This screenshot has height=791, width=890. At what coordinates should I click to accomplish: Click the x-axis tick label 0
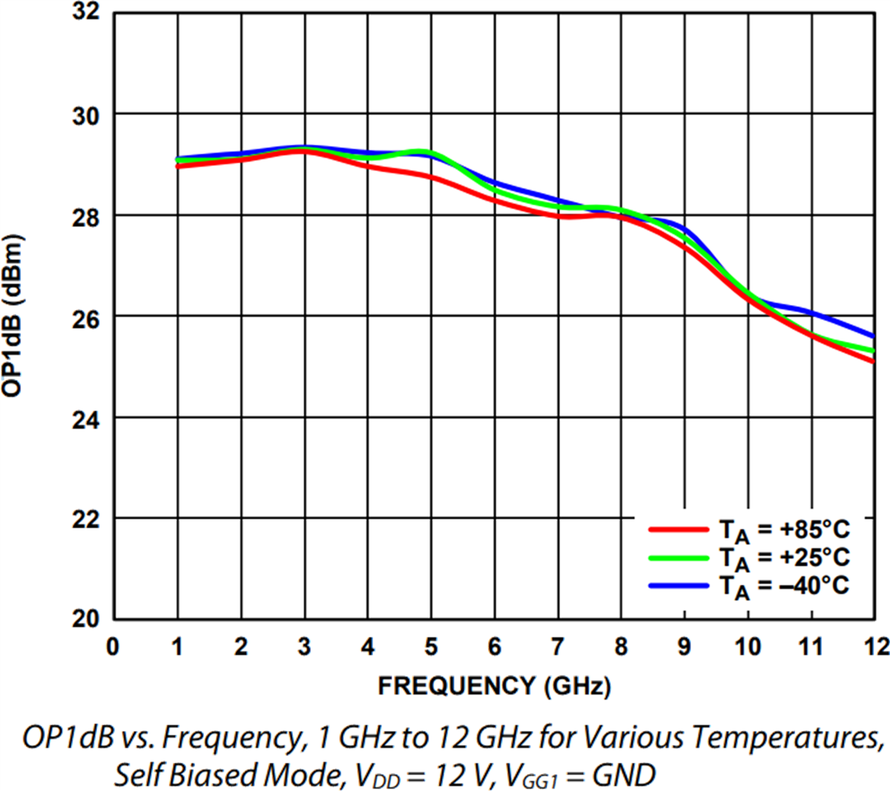click(113, 647)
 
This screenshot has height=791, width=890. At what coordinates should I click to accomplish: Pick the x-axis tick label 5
click(431, 647)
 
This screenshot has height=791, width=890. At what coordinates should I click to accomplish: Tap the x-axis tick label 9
click(685, 647)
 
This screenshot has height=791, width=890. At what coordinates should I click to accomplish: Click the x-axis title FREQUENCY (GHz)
click(494, 686)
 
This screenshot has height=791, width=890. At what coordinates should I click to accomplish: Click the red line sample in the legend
click(678, 530)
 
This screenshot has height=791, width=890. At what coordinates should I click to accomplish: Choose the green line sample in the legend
click(678, 557)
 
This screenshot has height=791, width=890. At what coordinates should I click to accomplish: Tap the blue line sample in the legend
click(678, 585)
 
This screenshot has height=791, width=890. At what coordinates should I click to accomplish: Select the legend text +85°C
click(814, 530)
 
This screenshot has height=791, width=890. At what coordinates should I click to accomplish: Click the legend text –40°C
click(814, 585)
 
